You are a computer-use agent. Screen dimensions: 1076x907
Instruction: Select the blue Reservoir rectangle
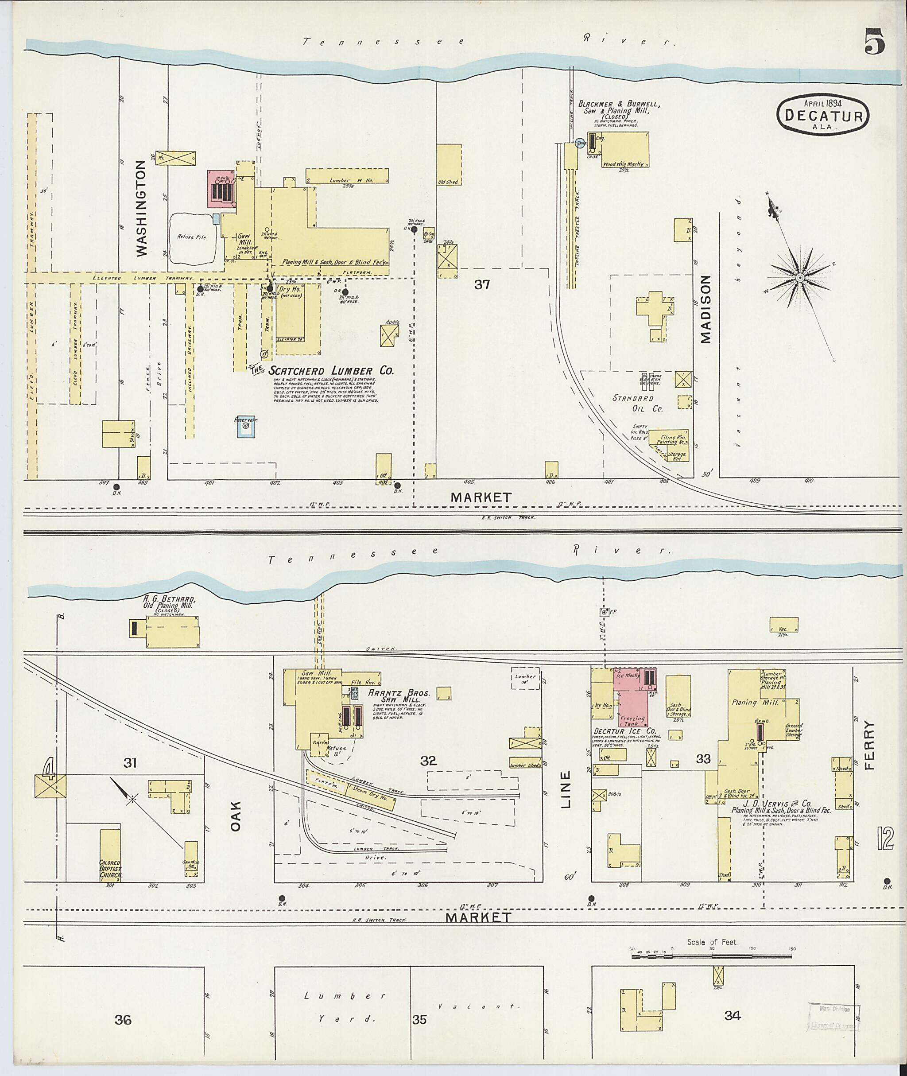pos(246,427)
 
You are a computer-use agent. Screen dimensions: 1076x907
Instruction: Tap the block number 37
pos(482,284)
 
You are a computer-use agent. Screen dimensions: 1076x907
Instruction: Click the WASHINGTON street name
pos(142,208)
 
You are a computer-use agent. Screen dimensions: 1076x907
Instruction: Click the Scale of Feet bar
pos(712,956)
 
